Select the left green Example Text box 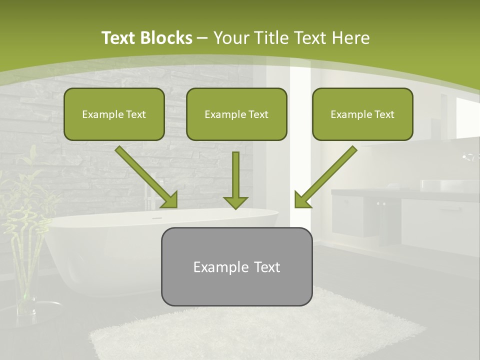click(114, 114)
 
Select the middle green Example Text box click(236, 114)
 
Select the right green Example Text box click(362, 114)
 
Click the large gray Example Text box click(236, 266)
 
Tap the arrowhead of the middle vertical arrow click(235, 202)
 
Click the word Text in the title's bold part click(120, 38)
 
